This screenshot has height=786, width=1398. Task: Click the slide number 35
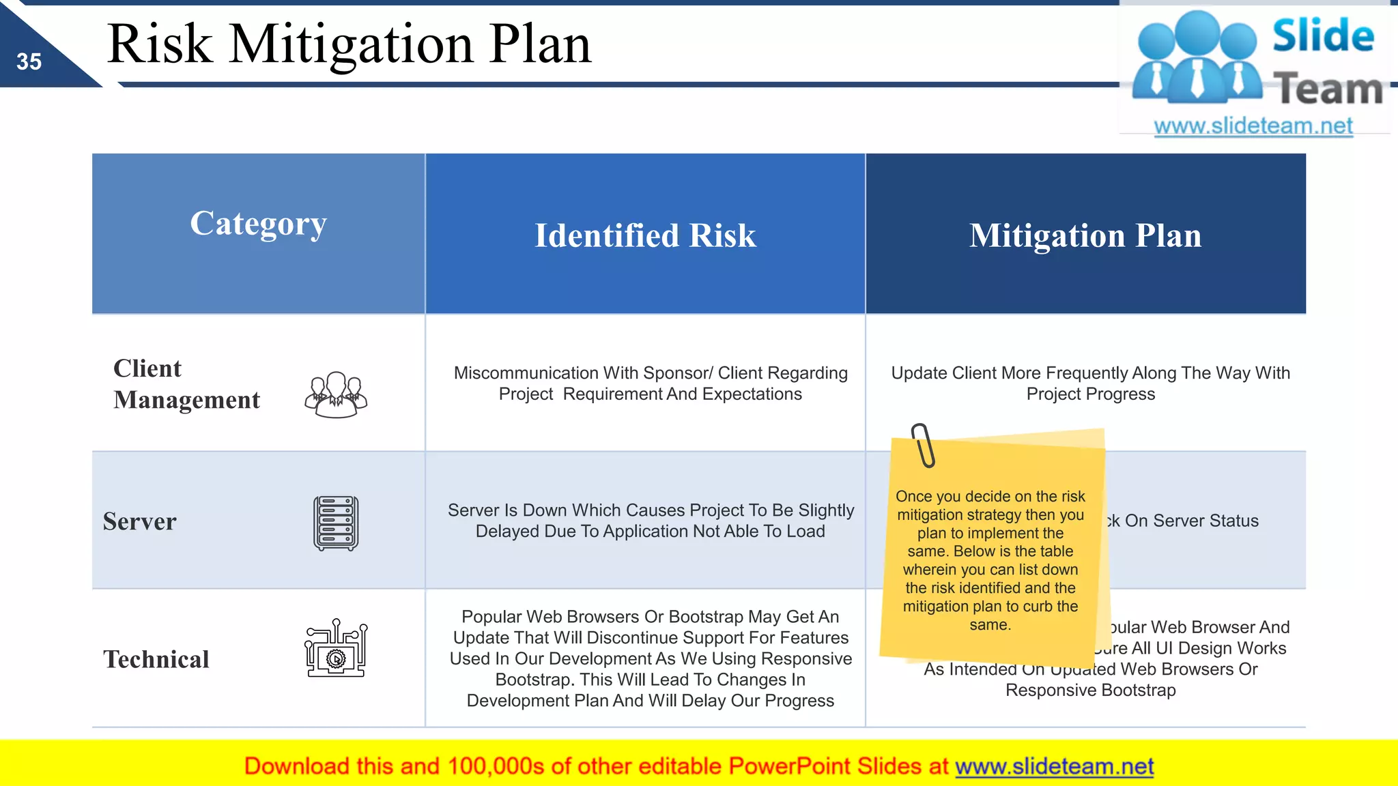click(x=29, y=62)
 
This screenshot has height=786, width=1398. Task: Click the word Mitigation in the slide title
click(x=351, y=44)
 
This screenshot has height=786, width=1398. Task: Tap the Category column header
click(x=258, y=224)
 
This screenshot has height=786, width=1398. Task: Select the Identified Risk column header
click(x=645, y=235)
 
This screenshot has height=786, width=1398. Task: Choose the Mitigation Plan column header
click(x=1085, y=235)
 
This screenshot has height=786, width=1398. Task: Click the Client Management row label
click(x=186, y=384)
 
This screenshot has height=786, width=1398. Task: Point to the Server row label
click(x=139, y=521)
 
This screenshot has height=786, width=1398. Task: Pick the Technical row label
click(x=156, y=659)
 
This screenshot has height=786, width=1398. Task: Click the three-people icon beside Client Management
click(x=336, y=394)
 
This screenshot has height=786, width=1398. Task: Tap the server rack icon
click(x=336, y=523)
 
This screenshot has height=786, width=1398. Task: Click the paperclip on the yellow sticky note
click(x=923, y=445)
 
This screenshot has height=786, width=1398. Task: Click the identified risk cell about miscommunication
click(x=650, y=383)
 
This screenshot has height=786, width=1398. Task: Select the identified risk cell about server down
click(x=650, y=521)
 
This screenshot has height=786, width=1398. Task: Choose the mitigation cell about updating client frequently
click(x=1090, y=383)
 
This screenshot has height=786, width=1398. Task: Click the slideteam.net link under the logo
click(x=1253, y=126)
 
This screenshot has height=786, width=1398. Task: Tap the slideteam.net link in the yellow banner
click(x=1054, y=766)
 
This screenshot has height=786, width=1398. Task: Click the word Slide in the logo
click(x=1323, y=35)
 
